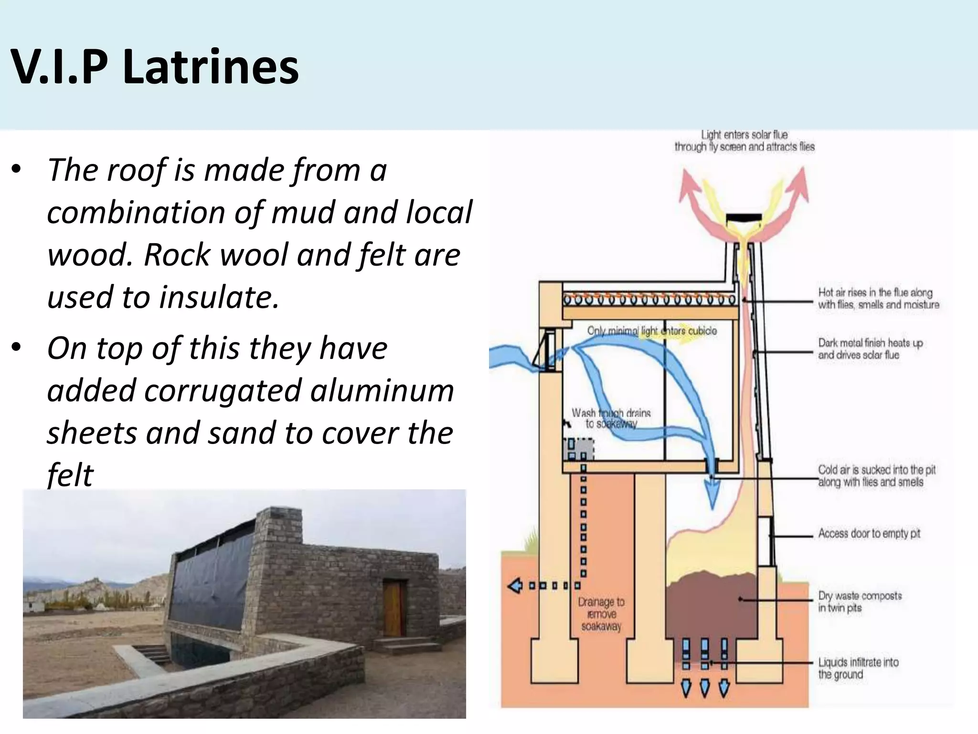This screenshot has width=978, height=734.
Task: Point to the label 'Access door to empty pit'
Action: (x=869, y=533)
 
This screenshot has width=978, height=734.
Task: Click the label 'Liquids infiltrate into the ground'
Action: (x=858, y=668)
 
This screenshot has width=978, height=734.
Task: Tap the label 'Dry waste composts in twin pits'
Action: (x=860, y=602)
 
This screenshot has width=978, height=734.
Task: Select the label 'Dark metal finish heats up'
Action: (x=870, y=349)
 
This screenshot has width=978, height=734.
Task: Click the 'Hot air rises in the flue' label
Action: (x=878, y=298)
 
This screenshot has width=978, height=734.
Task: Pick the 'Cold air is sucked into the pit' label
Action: (x=876, y=475)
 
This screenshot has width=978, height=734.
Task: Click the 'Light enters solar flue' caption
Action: (x=744, y=140)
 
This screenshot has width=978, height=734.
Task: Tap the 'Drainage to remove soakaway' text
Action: (x=601, y=614)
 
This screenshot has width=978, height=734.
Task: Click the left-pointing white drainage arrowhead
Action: (x=514, y=585)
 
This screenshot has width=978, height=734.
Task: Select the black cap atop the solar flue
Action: (x=743, y=219)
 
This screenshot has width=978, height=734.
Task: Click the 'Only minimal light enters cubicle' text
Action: (x=651, y=331)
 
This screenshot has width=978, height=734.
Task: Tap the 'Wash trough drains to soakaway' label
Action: (x=611, y=418)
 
